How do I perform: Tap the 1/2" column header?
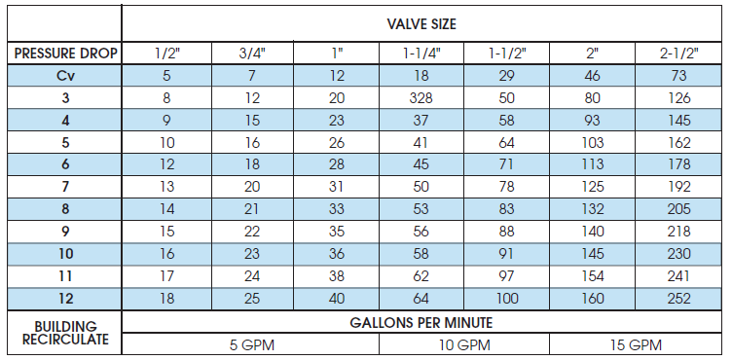(166, 53)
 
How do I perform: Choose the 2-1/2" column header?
(678, 53)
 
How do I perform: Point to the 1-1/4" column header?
(422, 53)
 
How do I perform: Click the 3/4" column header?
(251, 53)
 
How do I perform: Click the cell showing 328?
(422, 97)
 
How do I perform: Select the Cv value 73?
(678, 75)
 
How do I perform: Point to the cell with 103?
(593, 142)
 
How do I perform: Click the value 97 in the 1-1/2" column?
(507, 275)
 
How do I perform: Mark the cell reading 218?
(678, 231)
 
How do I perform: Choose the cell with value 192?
(678, 186)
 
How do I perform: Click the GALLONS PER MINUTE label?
(421, 322)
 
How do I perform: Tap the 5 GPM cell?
(251, 344)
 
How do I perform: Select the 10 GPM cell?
(464, 344)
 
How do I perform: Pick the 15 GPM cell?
(636, 344)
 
